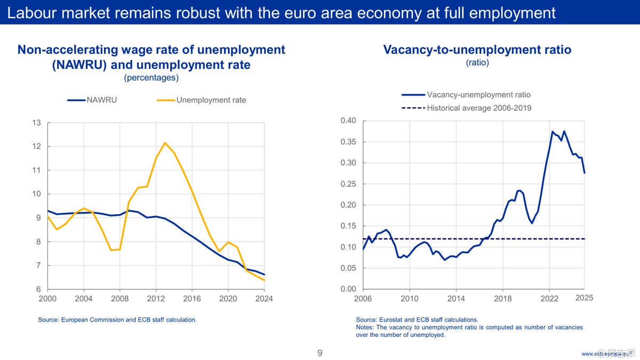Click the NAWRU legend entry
point(101,100)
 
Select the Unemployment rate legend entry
point(211,100)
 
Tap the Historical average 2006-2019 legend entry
point(479,108)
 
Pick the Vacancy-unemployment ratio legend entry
point(478,95)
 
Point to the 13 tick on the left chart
point(37,123)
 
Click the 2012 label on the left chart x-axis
point(156,299)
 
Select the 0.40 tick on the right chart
point(348,121)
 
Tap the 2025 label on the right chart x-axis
point(584,297)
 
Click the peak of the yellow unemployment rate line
point(165,142)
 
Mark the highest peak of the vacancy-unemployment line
point(552,131)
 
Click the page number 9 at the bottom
point(319,353)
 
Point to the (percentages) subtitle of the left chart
point(151,78)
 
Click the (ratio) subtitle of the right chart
point(477,62)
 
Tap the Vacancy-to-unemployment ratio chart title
point(477,50)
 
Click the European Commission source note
point(117,319)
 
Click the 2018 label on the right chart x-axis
point(502,299)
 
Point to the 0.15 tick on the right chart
point(348,226)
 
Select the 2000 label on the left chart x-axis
point(47,299)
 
